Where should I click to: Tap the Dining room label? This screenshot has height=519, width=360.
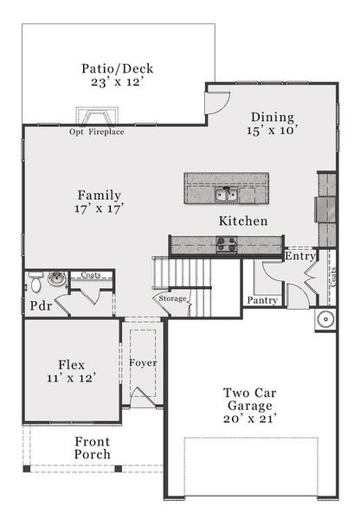click(273, 118)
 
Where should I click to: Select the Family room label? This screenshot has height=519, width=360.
click(99, 195)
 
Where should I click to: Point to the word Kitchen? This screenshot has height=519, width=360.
click(242, 222)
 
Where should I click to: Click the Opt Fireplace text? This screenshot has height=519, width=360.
click(97, 132)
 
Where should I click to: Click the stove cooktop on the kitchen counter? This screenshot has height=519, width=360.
click(227, 246)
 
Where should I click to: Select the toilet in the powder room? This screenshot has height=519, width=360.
click(36, 282)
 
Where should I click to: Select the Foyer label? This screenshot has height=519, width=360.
click(143, 362)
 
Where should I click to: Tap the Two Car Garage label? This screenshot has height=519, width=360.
click(249, 399)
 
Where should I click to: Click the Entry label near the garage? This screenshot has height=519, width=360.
click(300, 256)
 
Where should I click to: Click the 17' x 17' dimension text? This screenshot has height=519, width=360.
click(99, 209)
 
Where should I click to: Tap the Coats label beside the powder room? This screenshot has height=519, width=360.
click(91, 275)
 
